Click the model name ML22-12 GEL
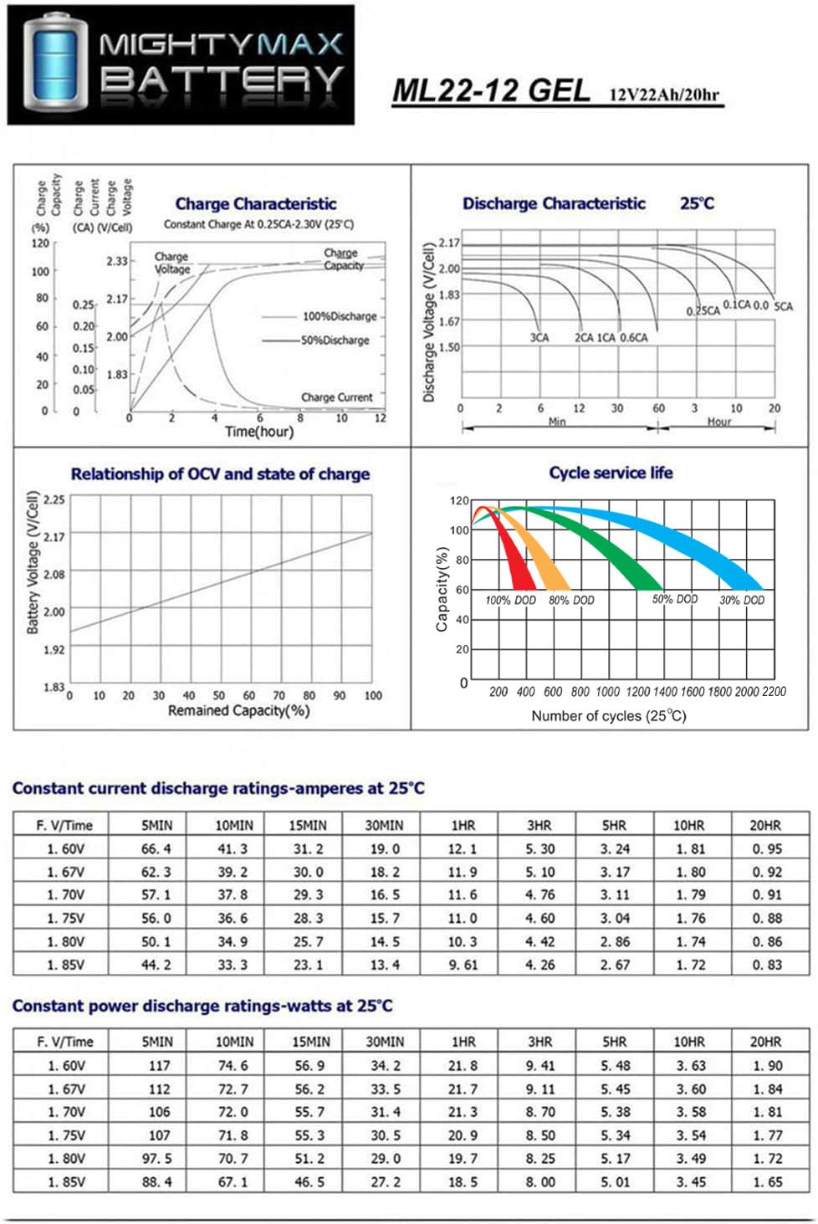point(491,90)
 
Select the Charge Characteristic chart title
point(256,204)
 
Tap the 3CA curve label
point(539,338)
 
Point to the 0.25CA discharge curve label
point(703,311)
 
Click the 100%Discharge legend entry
point(340,317)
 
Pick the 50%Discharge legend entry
point(335,341)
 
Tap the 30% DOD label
point(742,600)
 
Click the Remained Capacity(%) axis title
point(238,711)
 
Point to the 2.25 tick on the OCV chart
point(54,499)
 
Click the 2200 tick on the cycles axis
point(775,692)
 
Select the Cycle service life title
point(611,473)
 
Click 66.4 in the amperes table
point(156,848)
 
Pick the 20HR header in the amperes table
point(765,825)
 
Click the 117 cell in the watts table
point(159,1066)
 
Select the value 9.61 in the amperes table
point(463,965)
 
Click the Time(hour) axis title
point(259,432)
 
